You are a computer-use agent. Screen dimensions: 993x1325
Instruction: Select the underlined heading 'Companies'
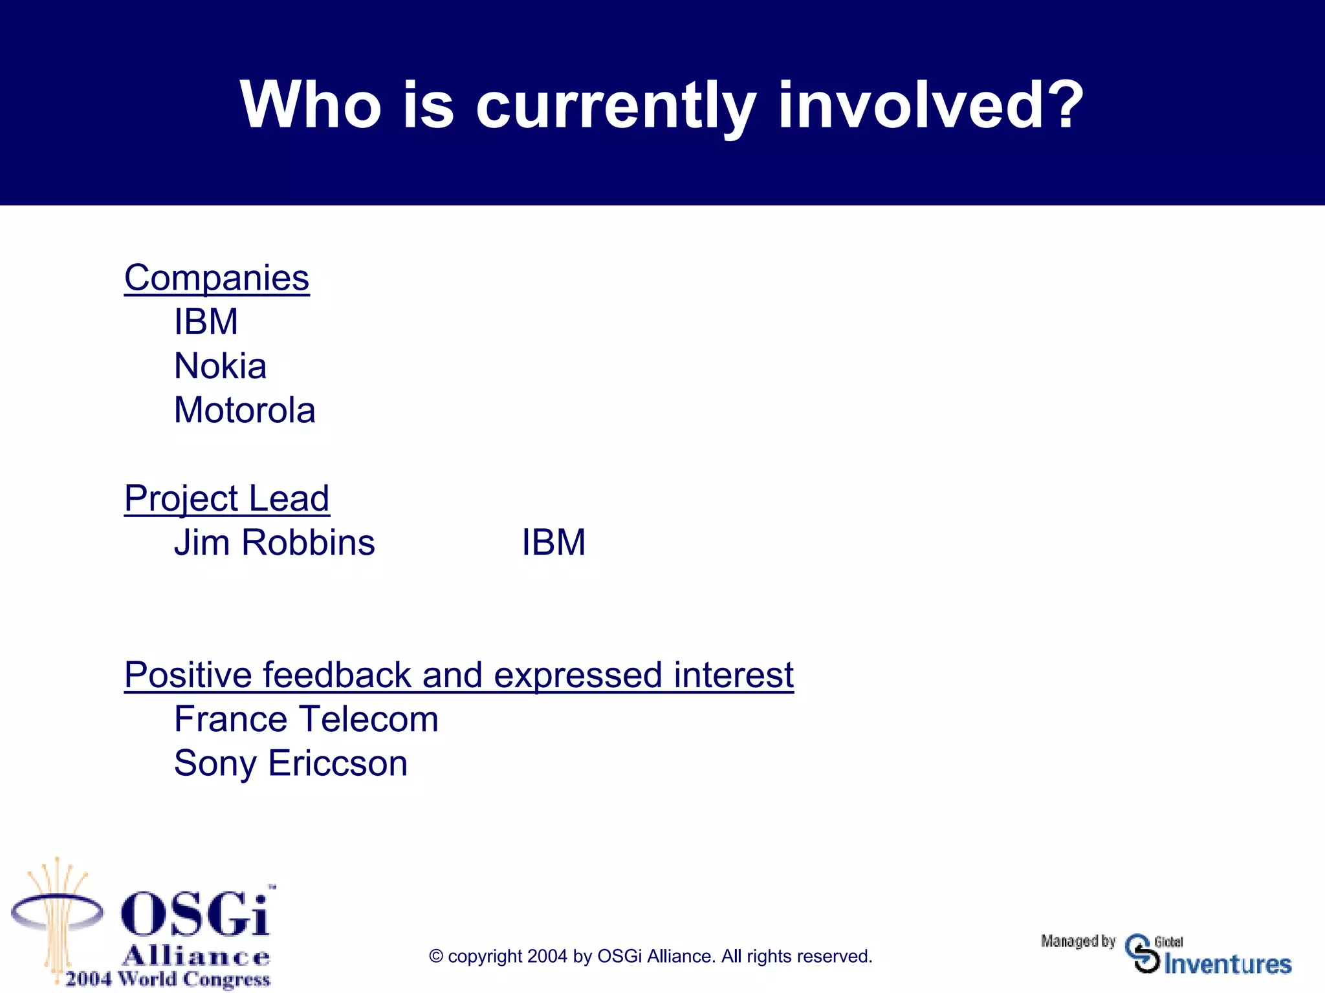point(217,278)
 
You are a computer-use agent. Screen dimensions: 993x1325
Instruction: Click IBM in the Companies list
point(206,322)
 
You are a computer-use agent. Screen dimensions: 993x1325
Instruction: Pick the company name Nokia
point(220,366)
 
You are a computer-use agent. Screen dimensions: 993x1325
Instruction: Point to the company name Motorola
point(245,411)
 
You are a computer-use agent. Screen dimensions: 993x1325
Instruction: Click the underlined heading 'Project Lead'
point(226,498)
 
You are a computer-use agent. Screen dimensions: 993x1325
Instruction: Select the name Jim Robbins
point(274,542)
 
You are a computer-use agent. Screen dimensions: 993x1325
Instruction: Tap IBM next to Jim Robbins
point(553,542)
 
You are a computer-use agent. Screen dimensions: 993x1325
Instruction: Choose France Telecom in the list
point(306,720)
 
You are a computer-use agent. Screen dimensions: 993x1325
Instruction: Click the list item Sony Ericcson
point(290,763)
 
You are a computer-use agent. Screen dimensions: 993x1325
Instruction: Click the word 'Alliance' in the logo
point(195,956)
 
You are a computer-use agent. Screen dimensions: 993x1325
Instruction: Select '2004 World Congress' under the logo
point(168,979)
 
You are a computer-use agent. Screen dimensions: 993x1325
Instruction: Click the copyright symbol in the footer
point(436,956)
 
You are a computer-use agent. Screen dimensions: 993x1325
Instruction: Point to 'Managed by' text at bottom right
point(1078,941)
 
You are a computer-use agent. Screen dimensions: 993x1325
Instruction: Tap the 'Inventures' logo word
point(1227,964)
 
